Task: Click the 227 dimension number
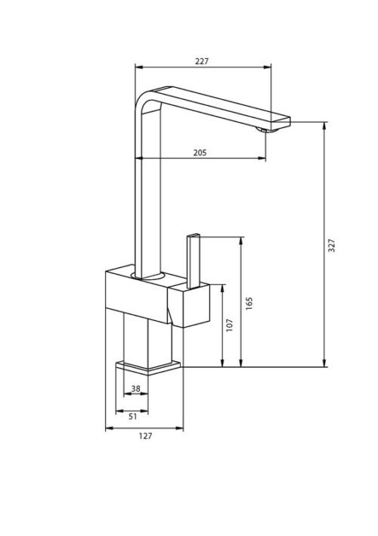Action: tap(201, 61)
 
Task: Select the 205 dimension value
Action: tap(200, 152)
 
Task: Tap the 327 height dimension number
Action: tap(331, 245)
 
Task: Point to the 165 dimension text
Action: tap(249, 304)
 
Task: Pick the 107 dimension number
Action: tap(230, 325)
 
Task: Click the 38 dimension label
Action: tap(135, 388)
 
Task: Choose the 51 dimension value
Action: tap(133, 416)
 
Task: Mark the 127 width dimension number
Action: tap(145, 436)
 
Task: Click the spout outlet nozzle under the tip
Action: tap(265, 129)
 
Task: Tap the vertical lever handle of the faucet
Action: tap(194, 261)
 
